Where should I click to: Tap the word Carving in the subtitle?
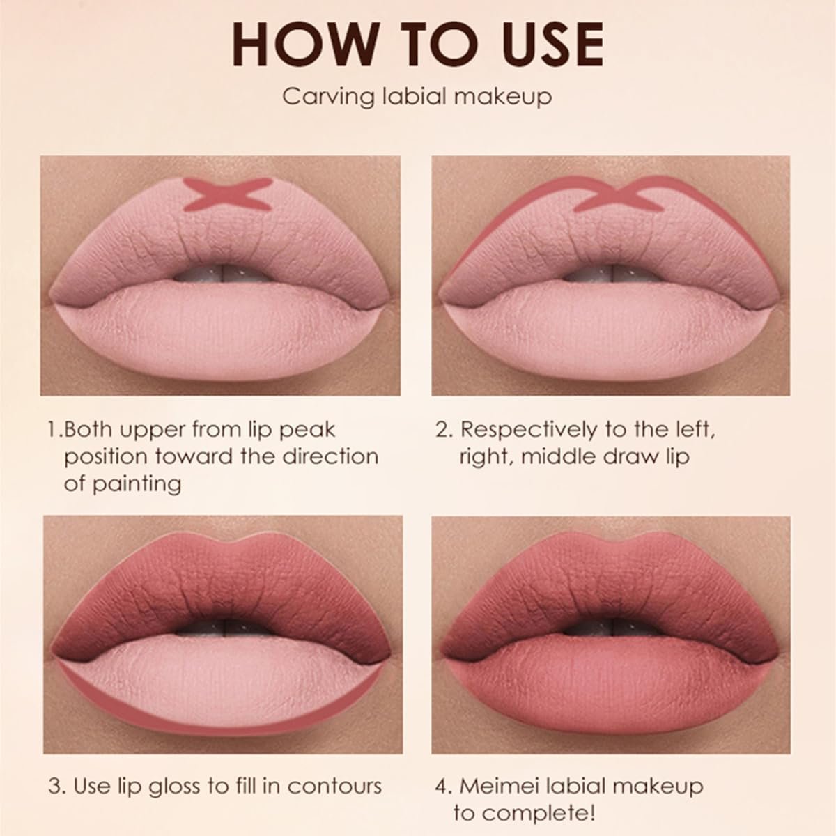[328, 97]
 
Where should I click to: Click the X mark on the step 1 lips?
[227, 194]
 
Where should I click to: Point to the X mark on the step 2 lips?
[619, 195]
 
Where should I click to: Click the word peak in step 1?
[307, 430]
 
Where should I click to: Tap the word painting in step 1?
[137, 483]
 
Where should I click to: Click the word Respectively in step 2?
[529, 430]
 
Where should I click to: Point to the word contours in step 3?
[334, 775]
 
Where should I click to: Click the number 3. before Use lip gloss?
[57, 775]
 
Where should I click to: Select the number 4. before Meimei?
[444, 775]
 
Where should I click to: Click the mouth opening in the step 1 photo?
[224, 272]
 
